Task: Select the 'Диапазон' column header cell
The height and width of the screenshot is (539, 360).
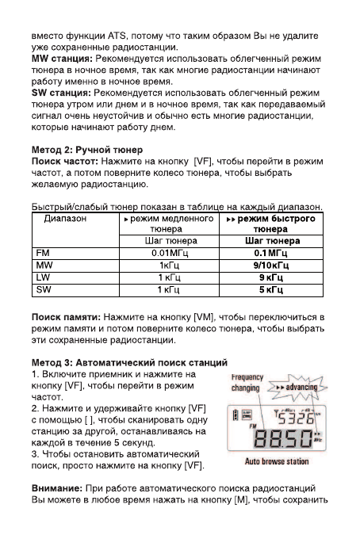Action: point(66,217)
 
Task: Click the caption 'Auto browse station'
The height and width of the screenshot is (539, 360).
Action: point(277,461)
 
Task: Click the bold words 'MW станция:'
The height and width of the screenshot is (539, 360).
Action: point(61,59)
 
